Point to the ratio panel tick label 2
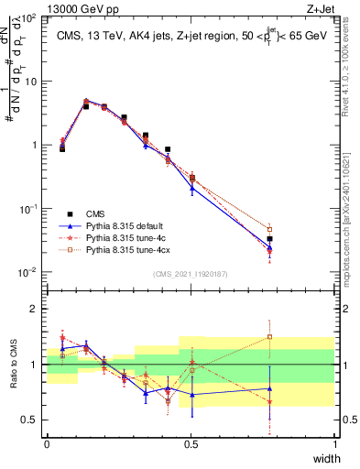36,309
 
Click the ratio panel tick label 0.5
29,420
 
